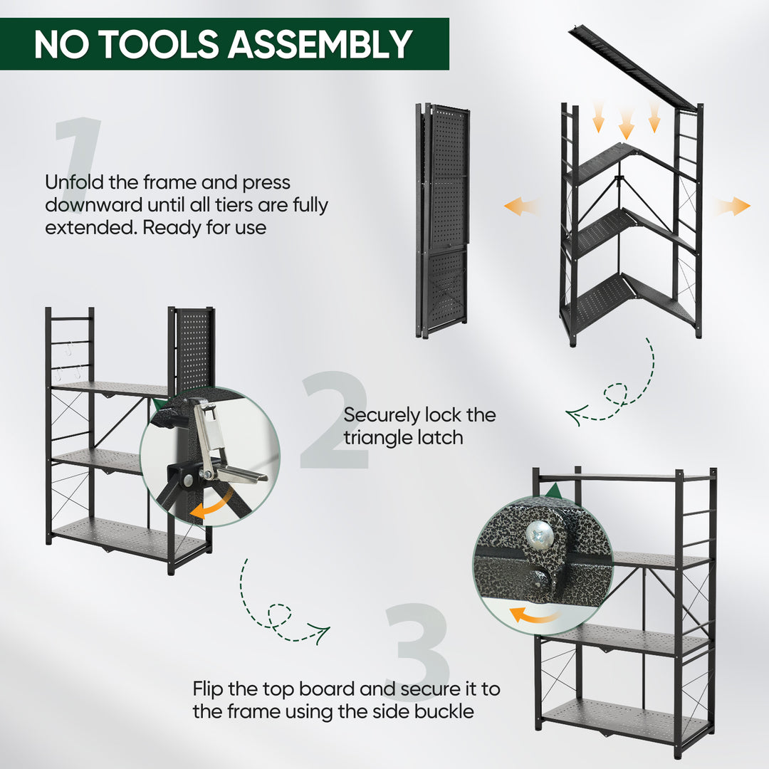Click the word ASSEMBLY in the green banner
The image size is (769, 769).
(x=320, y=44)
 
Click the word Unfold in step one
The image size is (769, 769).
(x=75, y=183)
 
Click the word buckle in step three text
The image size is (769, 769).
(x=441, y=711)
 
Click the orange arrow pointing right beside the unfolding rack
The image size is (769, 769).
(x=733, y=206)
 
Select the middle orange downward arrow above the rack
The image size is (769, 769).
(x=626, y=125)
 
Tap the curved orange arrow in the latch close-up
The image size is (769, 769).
(x=214, y=505)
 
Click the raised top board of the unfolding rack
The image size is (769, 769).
(x=630, y=68)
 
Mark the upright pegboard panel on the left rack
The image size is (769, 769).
(x=192, y=349)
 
